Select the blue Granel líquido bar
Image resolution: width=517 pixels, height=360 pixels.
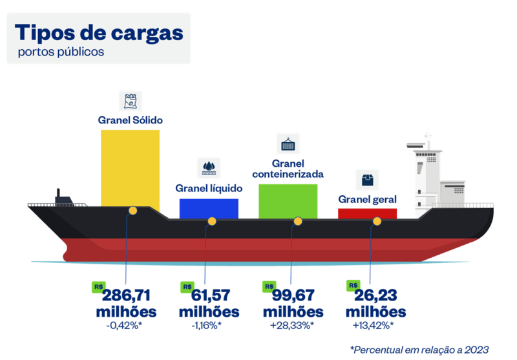click(x=209, y=209)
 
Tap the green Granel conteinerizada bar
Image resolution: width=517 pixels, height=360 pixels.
click(x=288, y=202)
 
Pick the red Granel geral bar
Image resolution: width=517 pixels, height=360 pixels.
click(x=367, y=214)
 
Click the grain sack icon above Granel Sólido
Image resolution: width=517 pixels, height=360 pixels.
click(x=131, y=101)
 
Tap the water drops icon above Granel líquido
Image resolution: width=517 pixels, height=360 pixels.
click(x=209, y=168)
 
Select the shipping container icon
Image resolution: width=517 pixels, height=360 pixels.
click(x=288, y=143)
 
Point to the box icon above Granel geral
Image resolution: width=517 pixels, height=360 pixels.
click(x=367, y=180)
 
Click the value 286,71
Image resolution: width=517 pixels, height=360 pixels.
click(x=126, y=295)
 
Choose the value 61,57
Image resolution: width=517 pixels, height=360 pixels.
click(x=211, y=295)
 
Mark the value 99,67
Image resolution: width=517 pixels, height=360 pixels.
click(x=293, y=295)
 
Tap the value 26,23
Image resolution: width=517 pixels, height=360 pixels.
click(x=375, y=295)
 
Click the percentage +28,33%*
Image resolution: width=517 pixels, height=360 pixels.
click(x=292, y=326)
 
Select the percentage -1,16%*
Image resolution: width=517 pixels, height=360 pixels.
click(x=207, y=326)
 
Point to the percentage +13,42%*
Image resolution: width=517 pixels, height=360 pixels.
click(x=374, y=326)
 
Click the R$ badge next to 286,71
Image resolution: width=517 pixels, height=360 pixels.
click(x=99, y=287)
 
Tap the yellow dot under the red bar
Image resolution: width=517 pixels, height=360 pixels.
click(x=377, y=222)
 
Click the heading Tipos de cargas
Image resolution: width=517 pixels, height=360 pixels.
click(x=99, y=33)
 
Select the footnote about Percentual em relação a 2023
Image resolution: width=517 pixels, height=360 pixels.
click(x=419, y=350)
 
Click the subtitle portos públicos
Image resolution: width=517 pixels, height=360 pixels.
click(x=61, y=52)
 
